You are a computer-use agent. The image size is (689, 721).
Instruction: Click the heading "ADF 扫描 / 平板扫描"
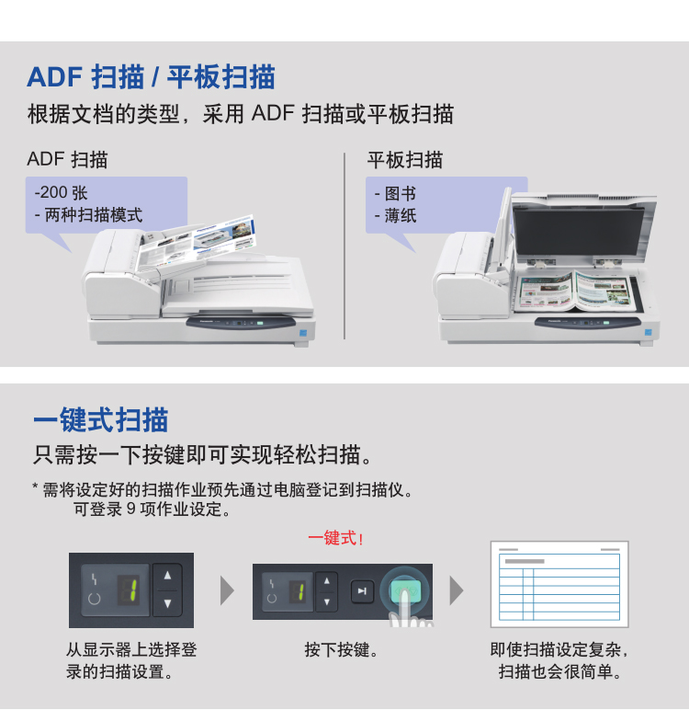tap(151, 77)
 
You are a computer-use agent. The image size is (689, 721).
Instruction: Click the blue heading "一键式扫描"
tap(101, 419)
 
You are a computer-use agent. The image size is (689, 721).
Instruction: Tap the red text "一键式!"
tap(336, 538)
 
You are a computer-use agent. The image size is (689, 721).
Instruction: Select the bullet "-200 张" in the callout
tap(61, 192)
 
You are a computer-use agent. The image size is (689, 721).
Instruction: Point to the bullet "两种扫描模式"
tap(94, 215)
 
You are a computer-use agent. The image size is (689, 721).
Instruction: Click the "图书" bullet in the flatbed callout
tap(401, 193)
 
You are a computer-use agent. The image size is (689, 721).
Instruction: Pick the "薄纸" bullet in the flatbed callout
tap(401, 215)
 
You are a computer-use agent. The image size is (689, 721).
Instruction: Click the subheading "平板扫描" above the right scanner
tap(404, 160)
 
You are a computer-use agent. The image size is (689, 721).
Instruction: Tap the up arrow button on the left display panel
tap(167, 576)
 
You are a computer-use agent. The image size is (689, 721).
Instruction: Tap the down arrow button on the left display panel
tap(167, 603)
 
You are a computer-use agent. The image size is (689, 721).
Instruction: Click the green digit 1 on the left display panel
tap(132, 590)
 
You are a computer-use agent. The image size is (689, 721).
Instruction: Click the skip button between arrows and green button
tap(362, 591)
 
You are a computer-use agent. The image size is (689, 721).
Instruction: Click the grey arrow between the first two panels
tap(227, 590)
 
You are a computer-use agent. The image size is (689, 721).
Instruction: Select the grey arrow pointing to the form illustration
tap(456, 590)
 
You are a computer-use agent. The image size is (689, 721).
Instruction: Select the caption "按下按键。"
tap(342, 649)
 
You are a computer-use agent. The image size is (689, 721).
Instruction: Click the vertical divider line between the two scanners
tap(344, 246)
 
